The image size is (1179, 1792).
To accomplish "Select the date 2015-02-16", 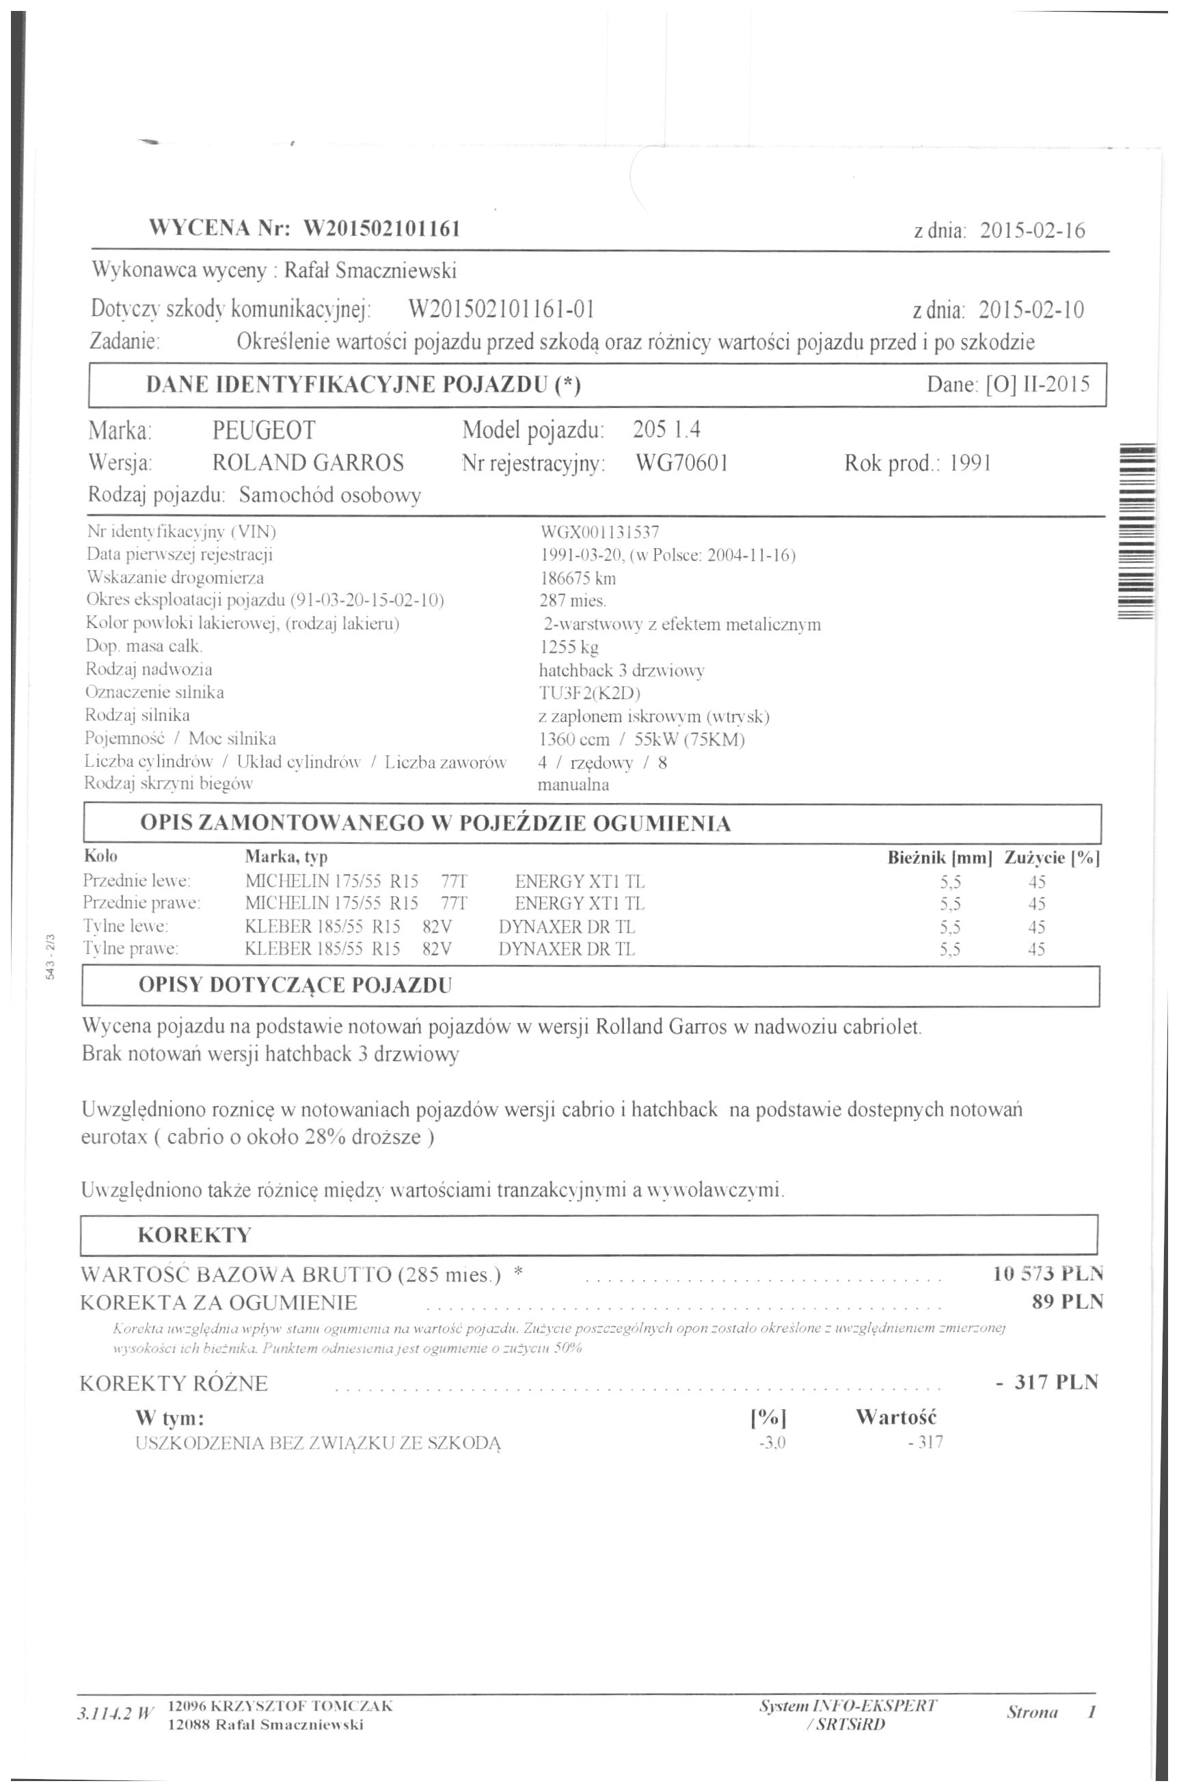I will click(x=1032, y=230).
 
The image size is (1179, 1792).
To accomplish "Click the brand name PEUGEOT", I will click(x=264, y=431).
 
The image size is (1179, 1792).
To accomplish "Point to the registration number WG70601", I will click(x=681, y=463).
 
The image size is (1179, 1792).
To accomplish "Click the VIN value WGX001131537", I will click(x=600, y=532).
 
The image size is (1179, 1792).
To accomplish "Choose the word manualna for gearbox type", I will click(x=573, y=785).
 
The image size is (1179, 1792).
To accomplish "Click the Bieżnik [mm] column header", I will click(x=940, y=857).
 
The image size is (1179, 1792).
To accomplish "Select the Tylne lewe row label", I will click(x=125, y=926).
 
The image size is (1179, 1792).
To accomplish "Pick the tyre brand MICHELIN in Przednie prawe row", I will click(x=277, y=903).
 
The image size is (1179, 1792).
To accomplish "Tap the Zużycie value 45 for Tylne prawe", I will click(x=1036, y=949).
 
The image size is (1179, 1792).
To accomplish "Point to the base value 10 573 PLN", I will click(x=1047, y=1274).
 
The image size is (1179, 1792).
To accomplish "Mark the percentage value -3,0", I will click(x=772, y=1443).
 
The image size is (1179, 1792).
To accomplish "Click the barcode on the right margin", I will click(x=1137, y=531).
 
